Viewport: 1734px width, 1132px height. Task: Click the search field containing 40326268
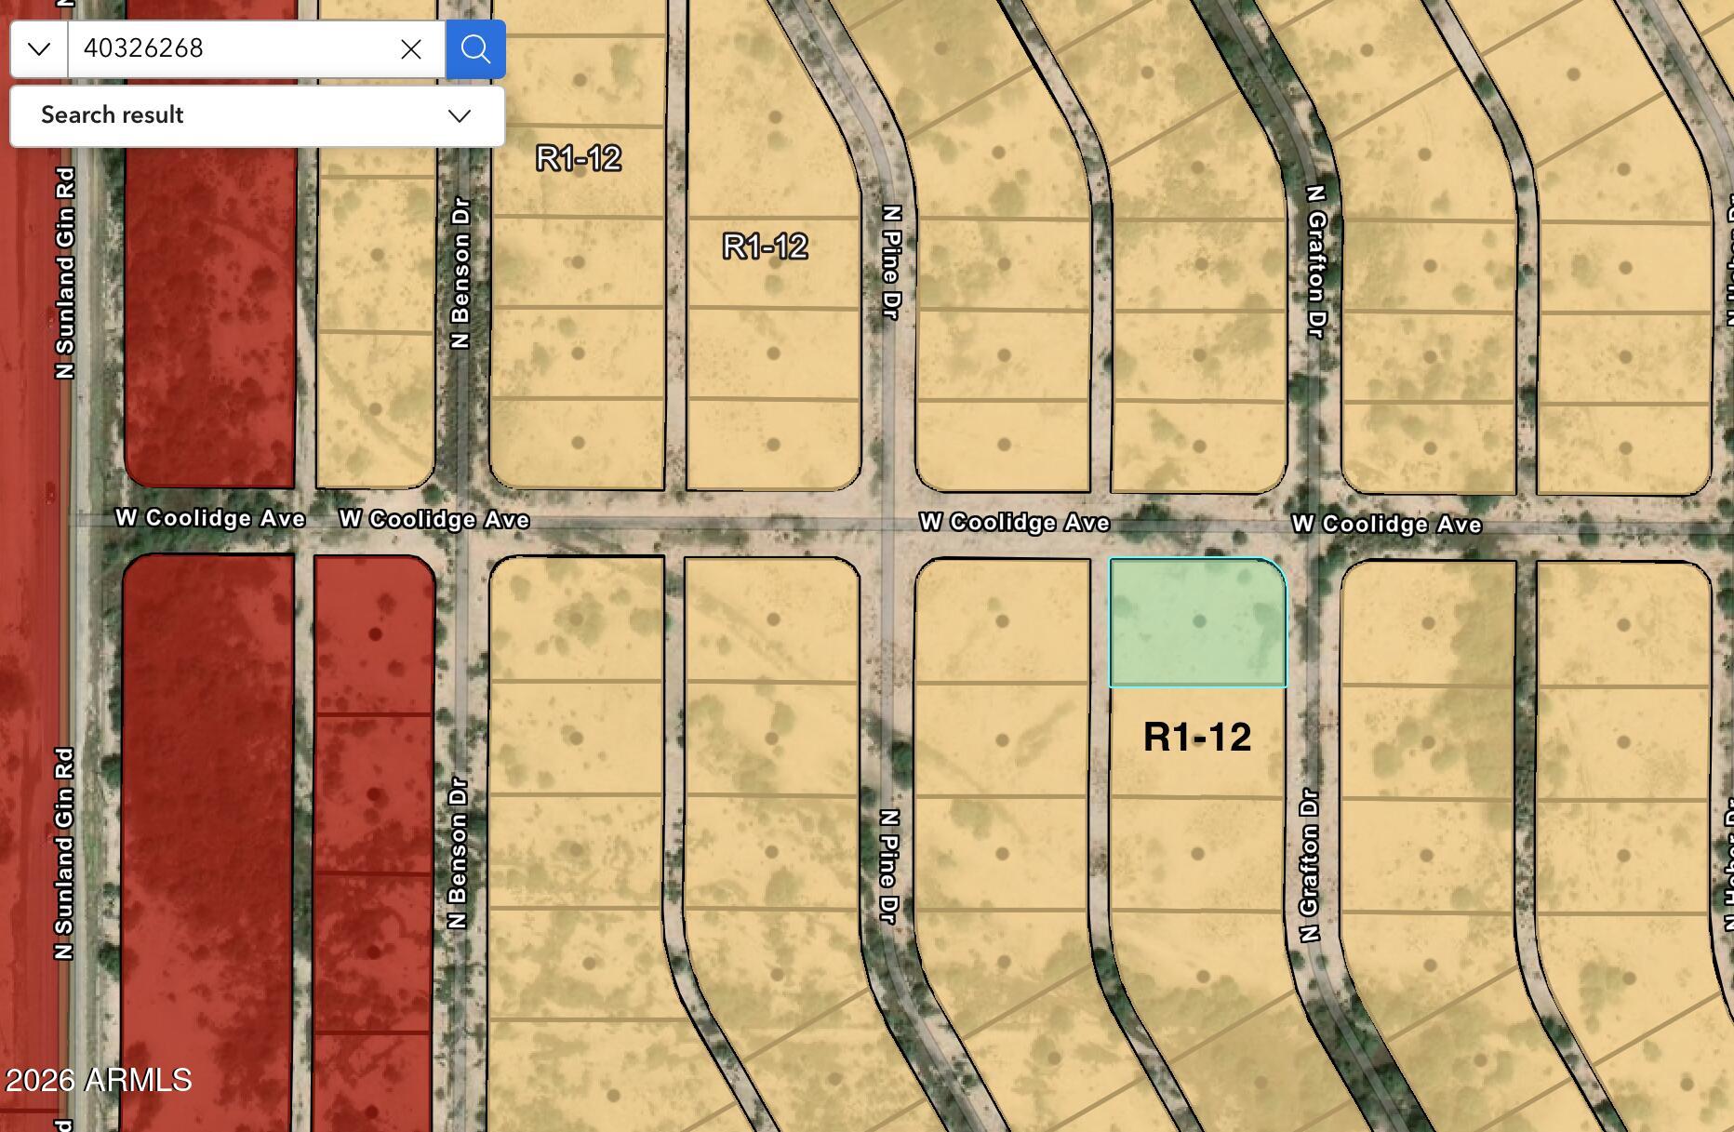coord(233,48)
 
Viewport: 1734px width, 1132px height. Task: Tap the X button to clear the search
coord(410,49)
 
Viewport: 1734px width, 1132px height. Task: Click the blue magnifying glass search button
coord(475,49)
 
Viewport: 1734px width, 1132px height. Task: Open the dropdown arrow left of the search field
coord(39,49)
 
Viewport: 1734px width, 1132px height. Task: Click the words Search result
coord(112,115)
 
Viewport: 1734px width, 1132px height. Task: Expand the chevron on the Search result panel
coord(460,116)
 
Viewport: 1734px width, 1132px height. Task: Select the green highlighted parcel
coord(1197,621)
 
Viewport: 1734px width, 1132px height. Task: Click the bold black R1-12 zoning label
coord(1197,738)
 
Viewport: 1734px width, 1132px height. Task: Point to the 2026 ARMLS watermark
coord(99,1080)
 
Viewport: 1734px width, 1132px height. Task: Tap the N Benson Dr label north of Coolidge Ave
coord(460,273)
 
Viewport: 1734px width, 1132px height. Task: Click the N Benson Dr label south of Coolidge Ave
coord(458,853)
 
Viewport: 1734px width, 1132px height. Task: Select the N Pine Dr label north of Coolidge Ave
coord(891,262)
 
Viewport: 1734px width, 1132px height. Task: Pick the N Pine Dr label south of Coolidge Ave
coord(889,867)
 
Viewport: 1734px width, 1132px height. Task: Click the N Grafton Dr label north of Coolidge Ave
coord(1315,261)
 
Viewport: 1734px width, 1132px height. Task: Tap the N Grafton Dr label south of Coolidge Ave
coord(1309,865)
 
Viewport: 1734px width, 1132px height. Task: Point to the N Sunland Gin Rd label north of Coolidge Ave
coord(65,273)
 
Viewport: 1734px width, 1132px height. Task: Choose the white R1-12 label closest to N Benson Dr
coord(579,158)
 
